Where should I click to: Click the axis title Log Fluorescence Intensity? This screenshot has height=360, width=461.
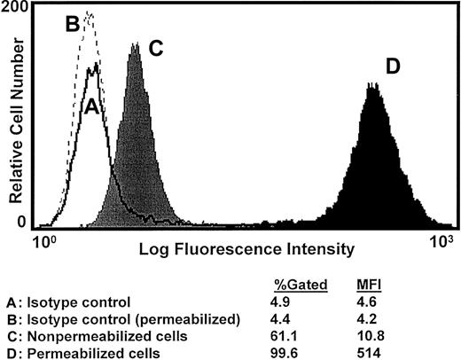[247, 251]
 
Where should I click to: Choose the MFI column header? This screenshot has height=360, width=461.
[370, 285]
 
